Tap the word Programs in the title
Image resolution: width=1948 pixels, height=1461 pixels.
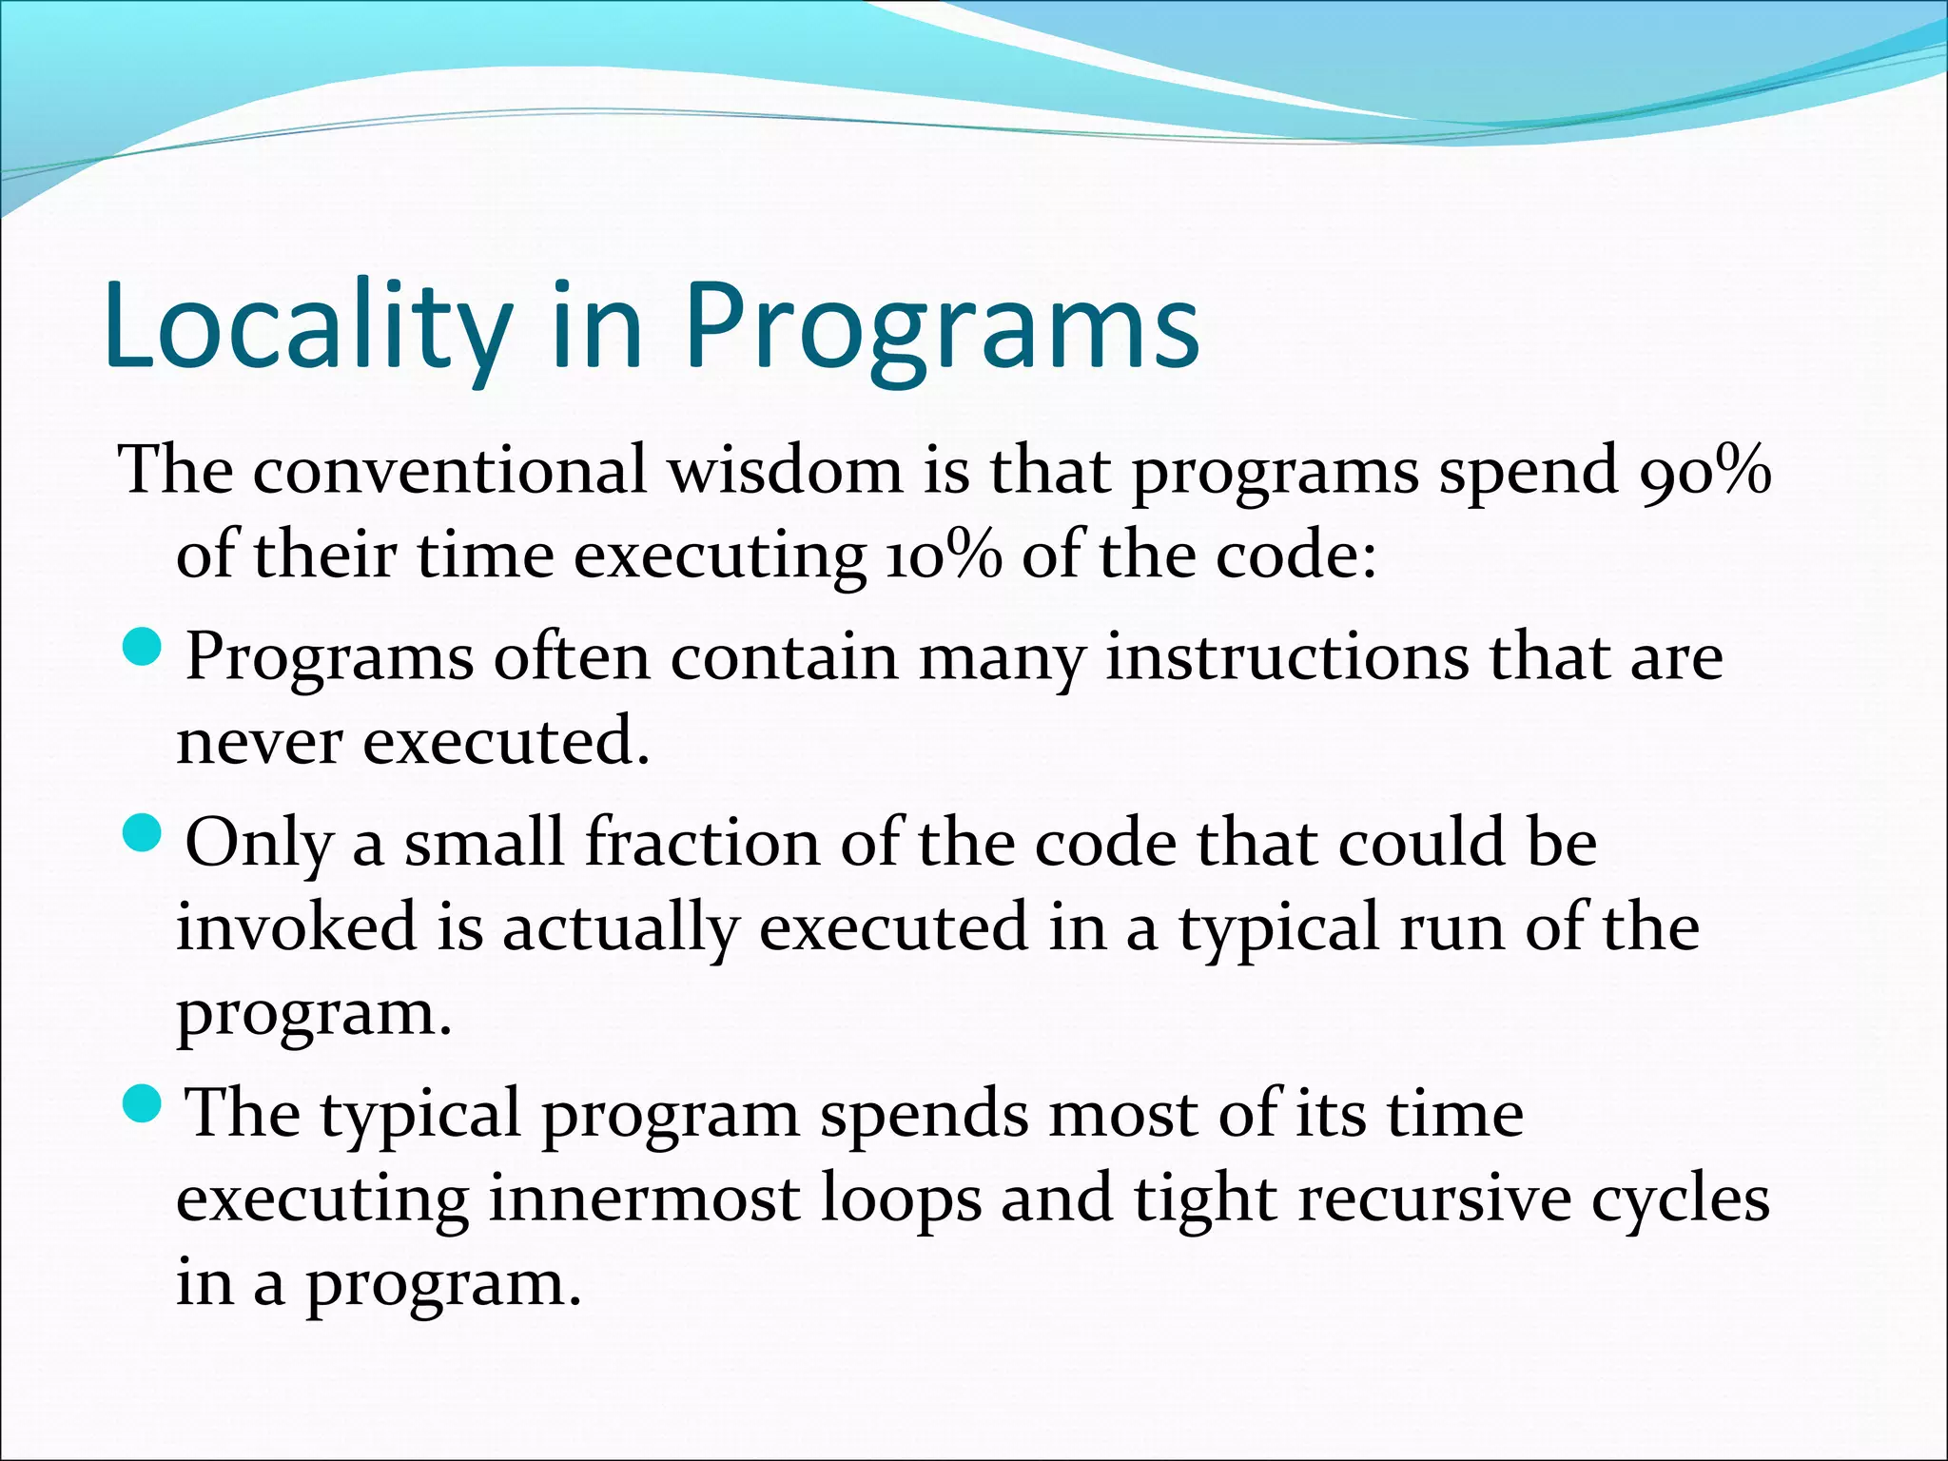coord(942,326)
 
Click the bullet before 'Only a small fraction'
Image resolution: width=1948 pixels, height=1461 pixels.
coord(144,834)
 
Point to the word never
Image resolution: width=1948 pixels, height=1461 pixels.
coord(259,742)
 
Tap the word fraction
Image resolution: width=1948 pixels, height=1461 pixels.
coord(702,843)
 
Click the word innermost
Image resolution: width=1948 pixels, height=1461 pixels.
coord(644,1198)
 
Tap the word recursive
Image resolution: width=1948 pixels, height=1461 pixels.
coord(1434,1198)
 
